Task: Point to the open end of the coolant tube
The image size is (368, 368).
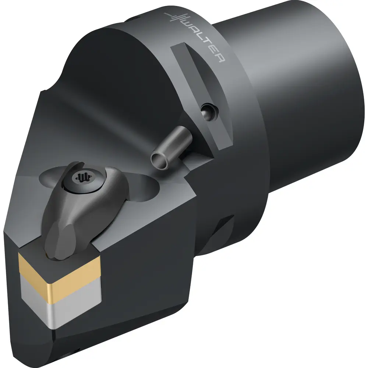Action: [x=160, y=160]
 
